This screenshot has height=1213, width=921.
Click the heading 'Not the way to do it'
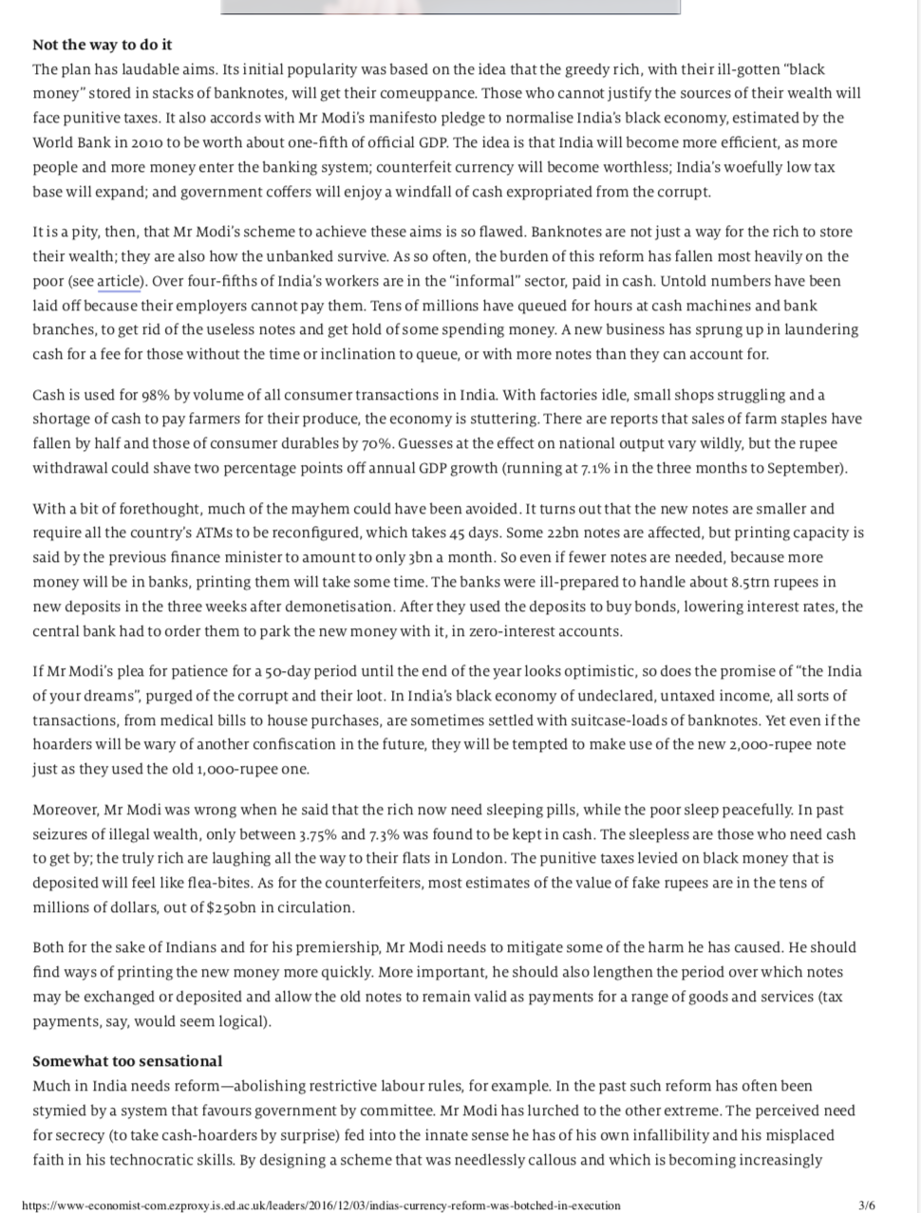[102, 45]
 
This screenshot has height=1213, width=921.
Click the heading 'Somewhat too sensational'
[127, 1061]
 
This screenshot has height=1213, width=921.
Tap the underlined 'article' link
[119, 281]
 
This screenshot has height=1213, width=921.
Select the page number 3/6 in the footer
[866, 1205]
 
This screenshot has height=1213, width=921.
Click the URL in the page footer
[320, 1205]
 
